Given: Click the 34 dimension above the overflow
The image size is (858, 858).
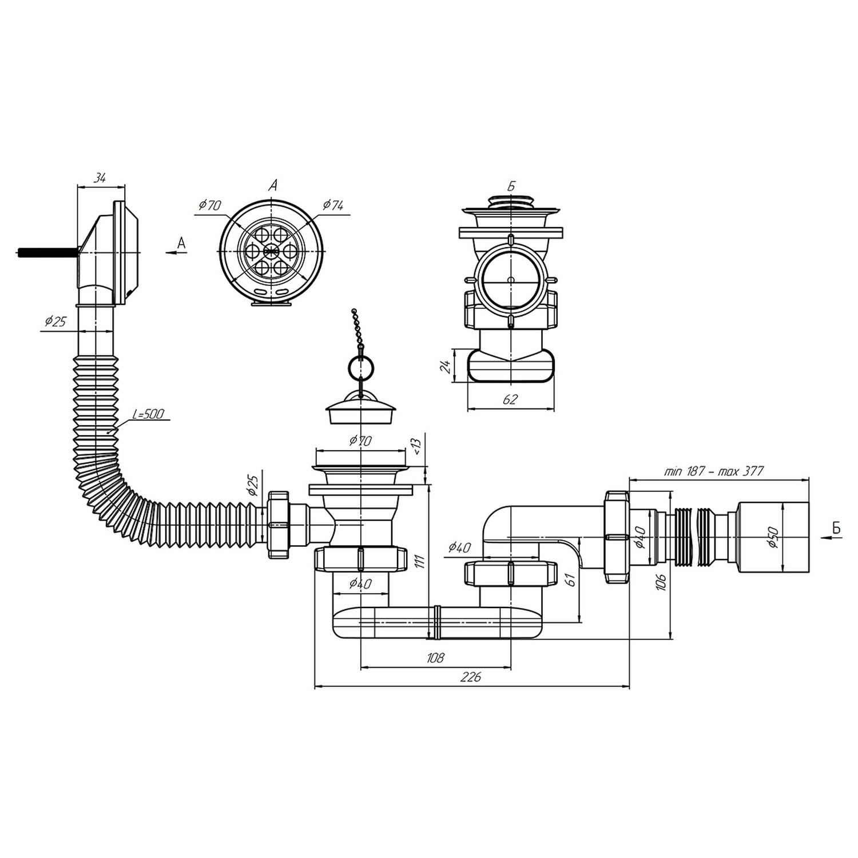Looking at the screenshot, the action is coord(100,178).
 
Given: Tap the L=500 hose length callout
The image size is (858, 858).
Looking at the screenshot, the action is coord(147,414).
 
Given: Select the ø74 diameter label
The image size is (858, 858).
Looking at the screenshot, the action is coord(333,205).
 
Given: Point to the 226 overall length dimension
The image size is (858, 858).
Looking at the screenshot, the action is coord(471,677).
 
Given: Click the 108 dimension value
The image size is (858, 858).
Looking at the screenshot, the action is coord(435,658).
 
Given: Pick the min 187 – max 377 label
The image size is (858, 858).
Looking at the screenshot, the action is coord(714,471).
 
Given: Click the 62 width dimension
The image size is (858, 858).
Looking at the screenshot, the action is coord(510,399).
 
